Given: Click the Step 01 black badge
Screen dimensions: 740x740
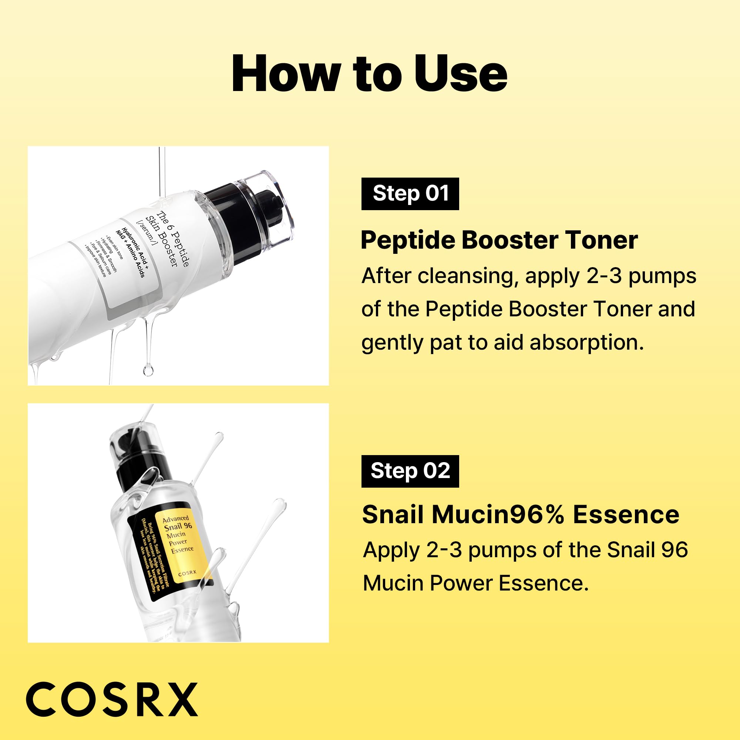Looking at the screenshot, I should tap(410, 194).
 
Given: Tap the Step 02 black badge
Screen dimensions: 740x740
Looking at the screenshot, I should tap(410, 471).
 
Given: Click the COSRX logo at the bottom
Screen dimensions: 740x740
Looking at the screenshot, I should tap(111, 699).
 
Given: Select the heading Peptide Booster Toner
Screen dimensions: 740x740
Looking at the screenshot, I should tap(499, 240).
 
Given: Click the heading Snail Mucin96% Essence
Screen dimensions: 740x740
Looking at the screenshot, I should tap(521, 514).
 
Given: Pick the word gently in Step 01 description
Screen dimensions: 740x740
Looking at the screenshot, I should tap(392, 343).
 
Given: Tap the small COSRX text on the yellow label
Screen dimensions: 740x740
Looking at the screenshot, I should tap(187, 573).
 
